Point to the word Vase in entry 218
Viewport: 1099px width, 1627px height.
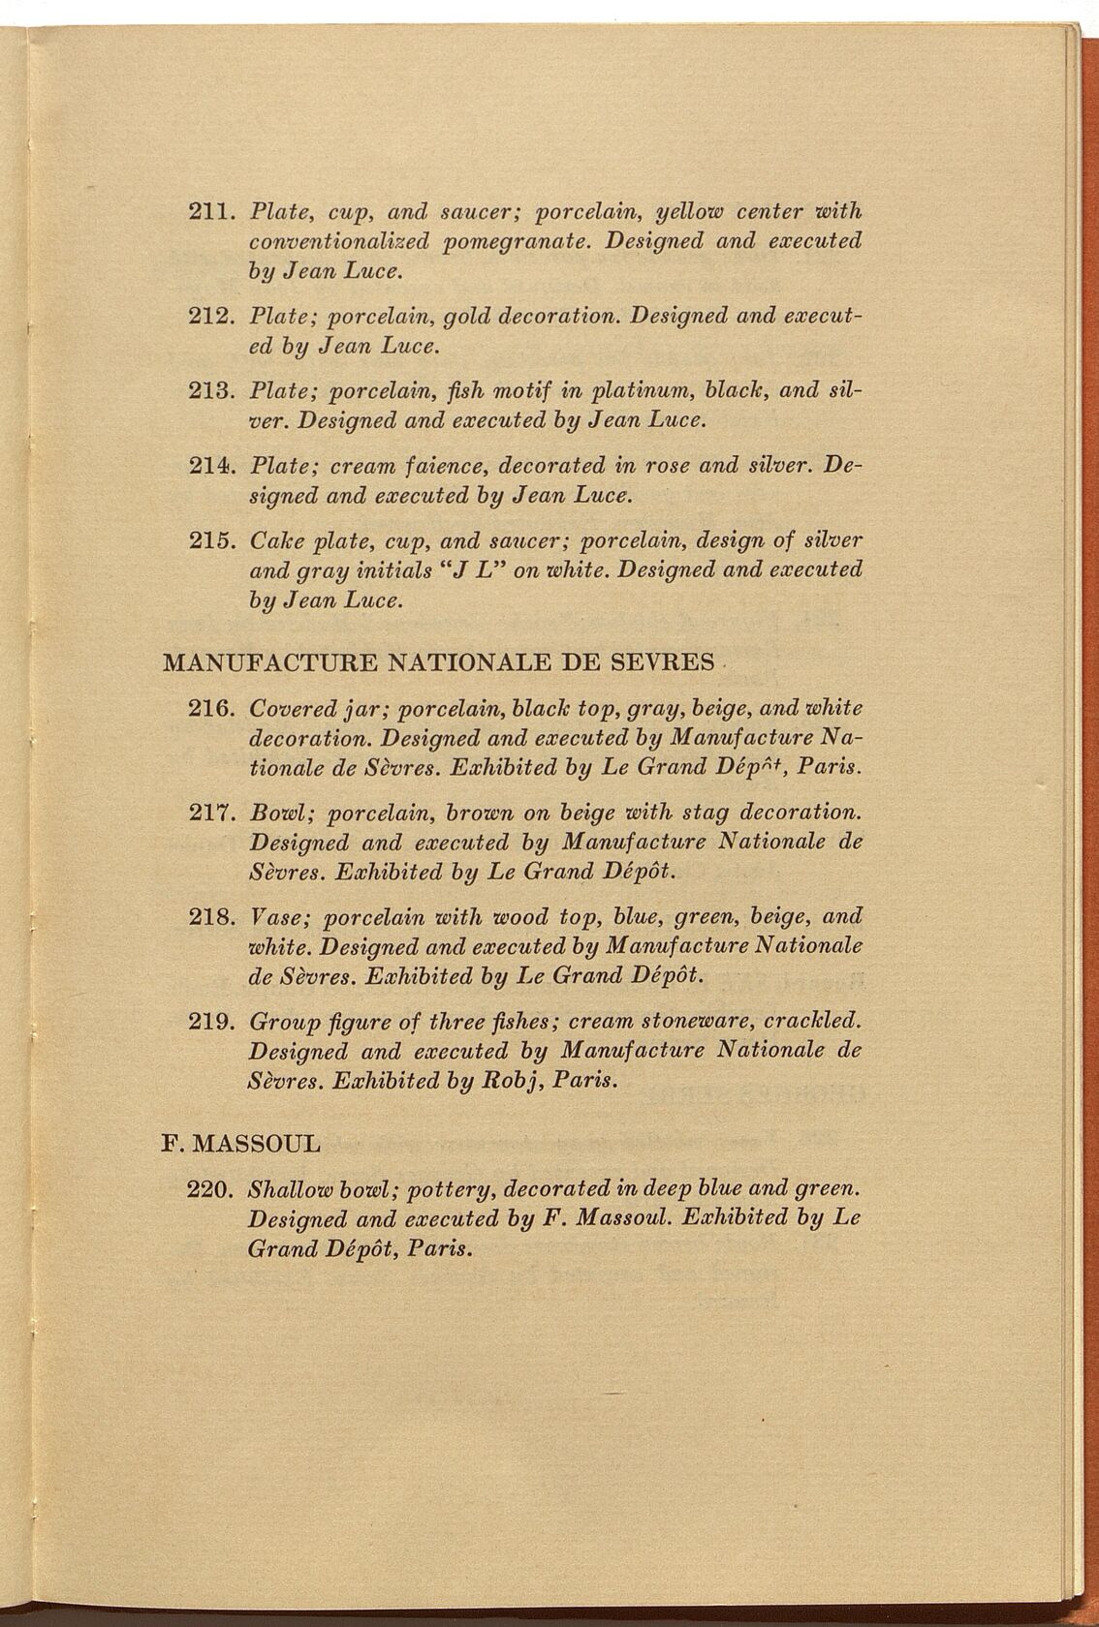pos(275,915)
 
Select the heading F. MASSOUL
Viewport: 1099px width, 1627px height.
pos(240,1143)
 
